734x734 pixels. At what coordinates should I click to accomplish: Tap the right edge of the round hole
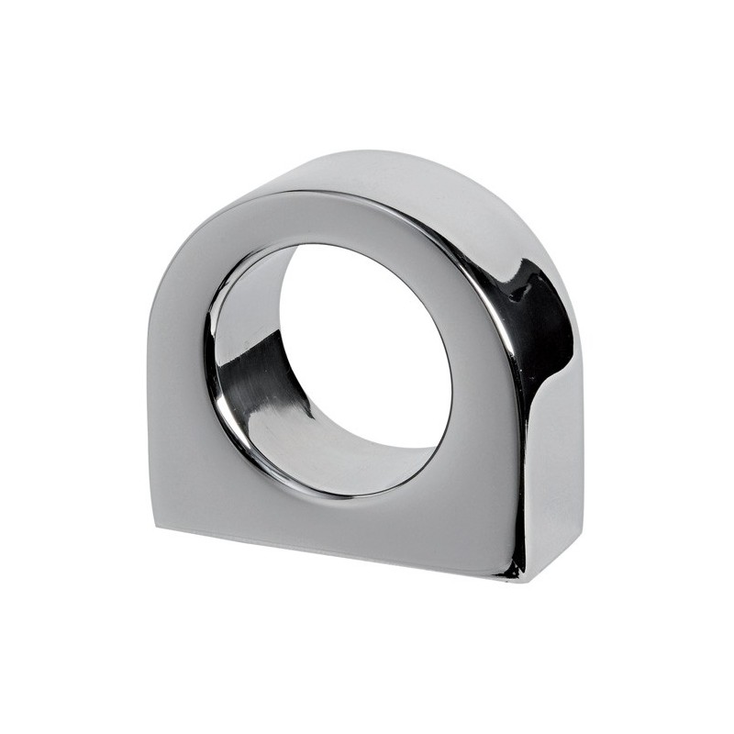(x=451, y=376)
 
